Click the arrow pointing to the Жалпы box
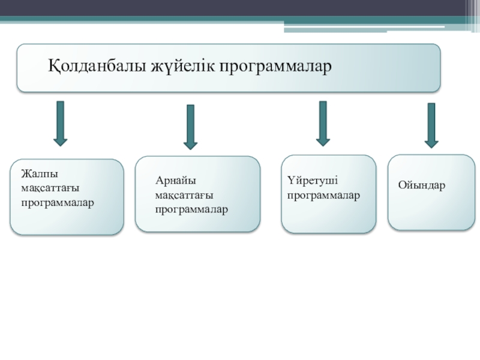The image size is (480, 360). pos(60,124)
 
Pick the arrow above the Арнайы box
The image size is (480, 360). pos(191,127)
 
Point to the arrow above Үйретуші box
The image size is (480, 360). pos(323,124)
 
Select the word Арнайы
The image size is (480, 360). pos(175,180)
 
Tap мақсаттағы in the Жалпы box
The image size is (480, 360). pos(50,188)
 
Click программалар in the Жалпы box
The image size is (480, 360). pos(58,202)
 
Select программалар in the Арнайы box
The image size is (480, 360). pos(191,209)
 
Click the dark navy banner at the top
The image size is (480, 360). pos(240,8)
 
